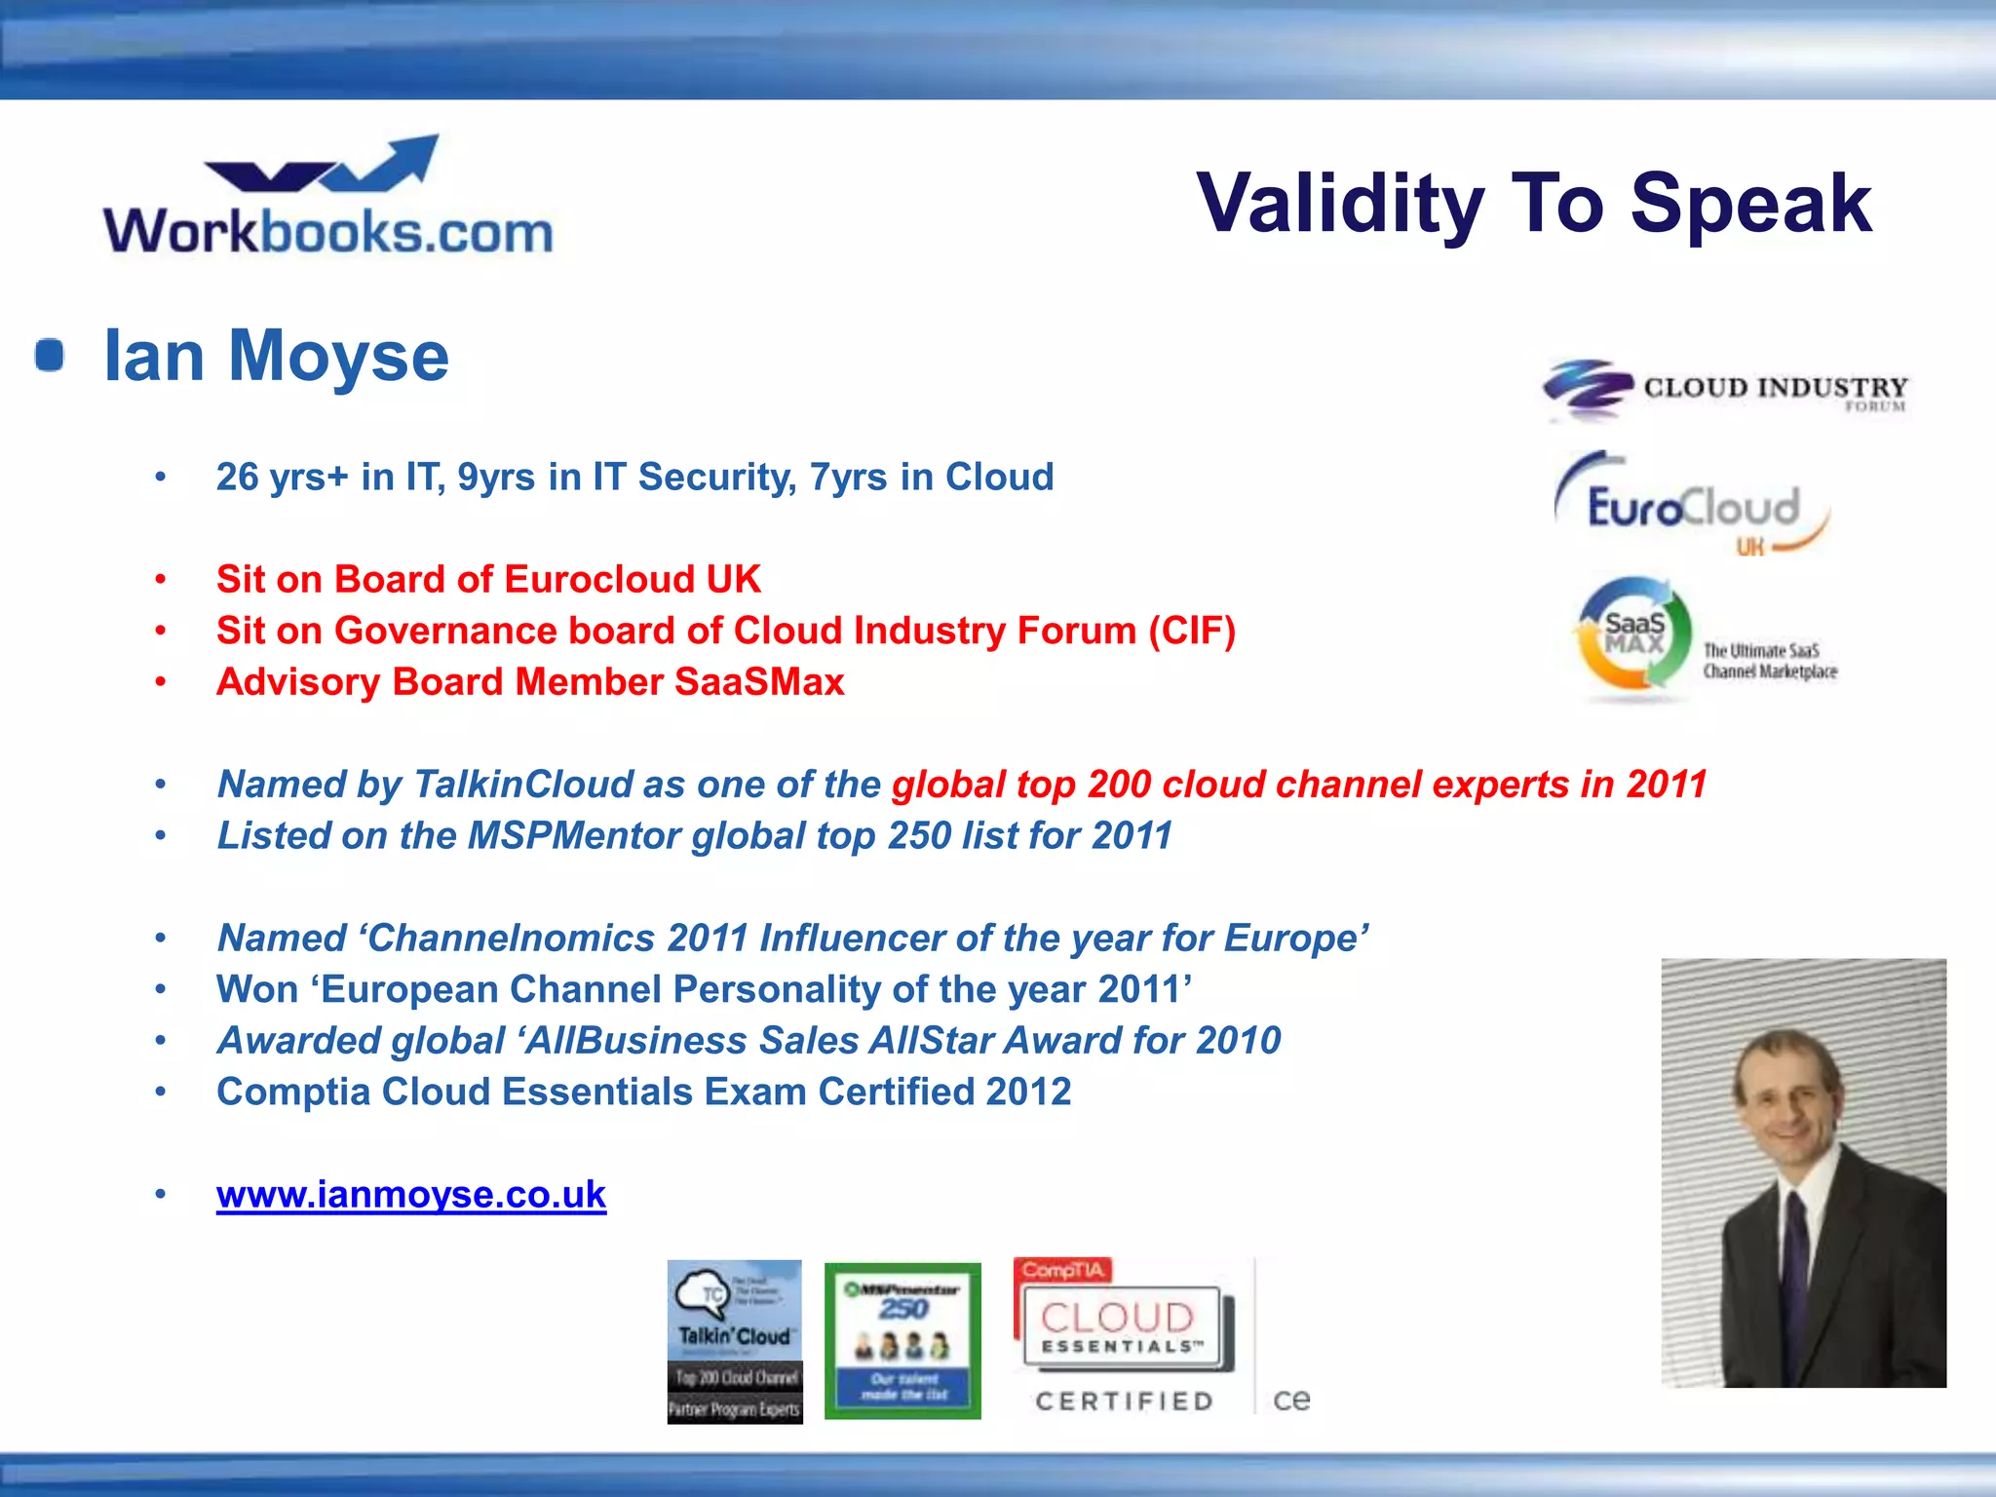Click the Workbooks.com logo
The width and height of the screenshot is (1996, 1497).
tap(327, 197)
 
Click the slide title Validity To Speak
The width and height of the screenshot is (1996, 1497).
tap(1533, 203)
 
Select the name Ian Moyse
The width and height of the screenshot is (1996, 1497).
tap(276, 357)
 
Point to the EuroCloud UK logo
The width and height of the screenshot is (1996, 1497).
tap(1692, 505)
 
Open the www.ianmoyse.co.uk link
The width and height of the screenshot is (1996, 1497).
tap(411, 1195)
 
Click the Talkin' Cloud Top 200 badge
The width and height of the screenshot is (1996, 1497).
tap(735, 1341)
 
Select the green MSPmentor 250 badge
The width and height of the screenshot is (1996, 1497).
tap(902, 1341)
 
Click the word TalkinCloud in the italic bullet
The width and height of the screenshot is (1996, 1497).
tap(523, 785)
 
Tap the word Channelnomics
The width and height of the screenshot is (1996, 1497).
tap(512, 939)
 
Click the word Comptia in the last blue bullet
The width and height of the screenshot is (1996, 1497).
tap(292, 1093)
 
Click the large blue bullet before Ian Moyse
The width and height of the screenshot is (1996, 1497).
tap(50, 356)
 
